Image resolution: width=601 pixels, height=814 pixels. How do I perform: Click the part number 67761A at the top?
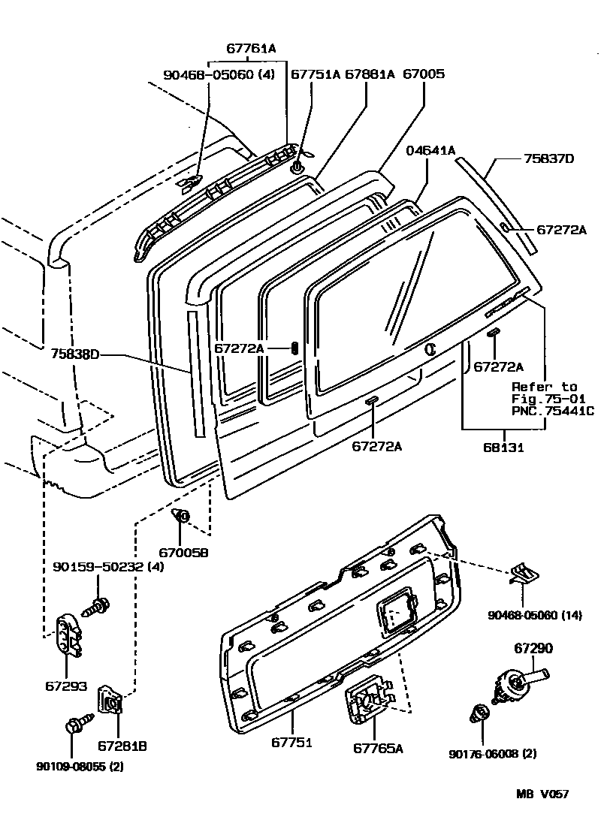(x=251, y=49)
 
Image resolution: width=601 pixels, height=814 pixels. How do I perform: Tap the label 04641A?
(x=430, y=150)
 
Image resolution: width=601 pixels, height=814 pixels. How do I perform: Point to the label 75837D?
(x=548, y=158)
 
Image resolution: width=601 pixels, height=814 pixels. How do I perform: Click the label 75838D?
(x=75, y=354)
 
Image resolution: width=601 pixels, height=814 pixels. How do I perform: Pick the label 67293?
(x=67, y=686)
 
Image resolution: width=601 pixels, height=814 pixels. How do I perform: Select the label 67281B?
(x=122, y=746)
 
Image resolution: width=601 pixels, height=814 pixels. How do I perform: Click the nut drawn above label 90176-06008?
(x=479, y=713)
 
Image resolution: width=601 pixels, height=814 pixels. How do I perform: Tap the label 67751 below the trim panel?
(x=291, y=743)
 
